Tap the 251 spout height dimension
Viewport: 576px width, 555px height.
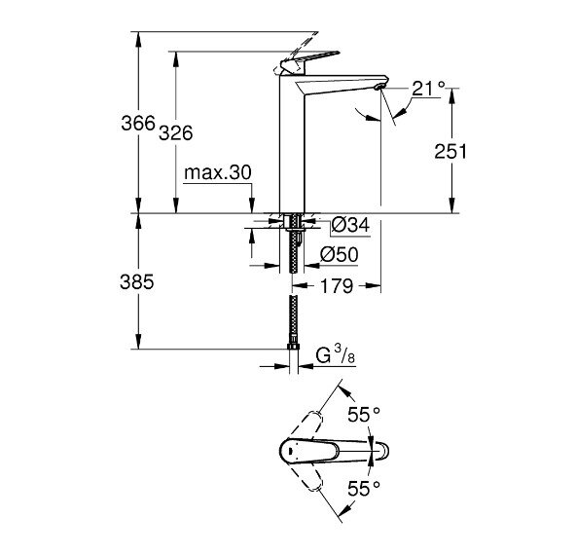point(451,152)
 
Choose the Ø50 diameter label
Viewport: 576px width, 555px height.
point(341,256)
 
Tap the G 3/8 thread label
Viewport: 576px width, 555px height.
point(337,358)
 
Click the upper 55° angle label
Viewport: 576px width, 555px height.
point(364,415)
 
